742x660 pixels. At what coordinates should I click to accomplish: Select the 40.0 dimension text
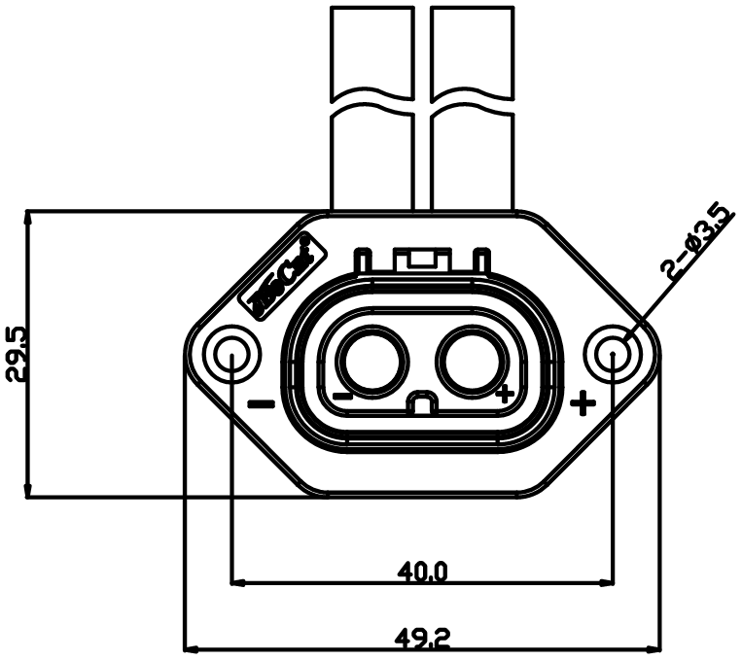click(x=423, y=572)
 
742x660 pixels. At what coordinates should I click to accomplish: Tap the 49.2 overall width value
click(x=423, y=639)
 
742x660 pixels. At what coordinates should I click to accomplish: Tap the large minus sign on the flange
click(x=262, y=403)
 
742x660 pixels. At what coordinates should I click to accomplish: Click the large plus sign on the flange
click(x=583, y=402)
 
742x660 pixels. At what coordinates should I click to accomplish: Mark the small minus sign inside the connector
click(x=342, y=396)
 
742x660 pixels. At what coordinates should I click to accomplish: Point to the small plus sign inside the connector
click(x=504, y=395)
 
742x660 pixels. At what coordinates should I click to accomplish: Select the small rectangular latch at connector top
click(x=422, y=259)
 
